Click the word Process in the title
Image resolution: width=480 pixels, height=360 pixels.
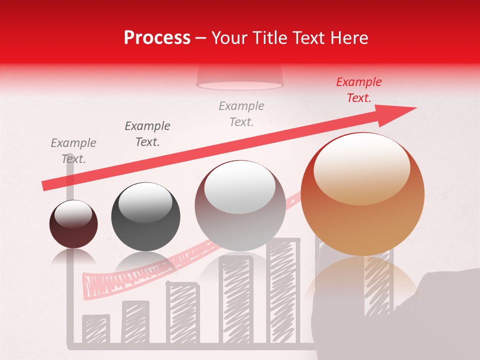(x=157, y=38)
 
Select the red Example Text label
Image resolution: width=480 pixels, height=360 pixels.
(x=358, y=90)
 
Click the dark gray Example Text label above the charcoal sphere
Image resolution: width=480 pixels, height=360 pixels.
(x=147, y=133)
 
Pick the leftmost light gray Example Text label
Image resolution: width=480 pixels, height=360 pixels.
(x=73, y=150)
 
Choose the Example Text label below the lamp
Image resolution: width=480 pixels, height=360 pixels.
(x=241, y=113)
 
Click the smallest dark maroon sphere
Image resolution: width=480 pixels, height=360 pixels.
(x=73, y=224)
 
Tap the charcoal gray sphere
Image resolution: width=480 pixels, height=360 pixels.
(x=145, y=216)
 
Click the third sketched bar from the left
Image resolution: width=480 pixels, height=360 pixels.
(x=182, y=312)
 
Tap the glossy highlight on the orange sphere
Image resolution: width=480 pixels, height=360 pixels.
(x=361, y=167)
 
